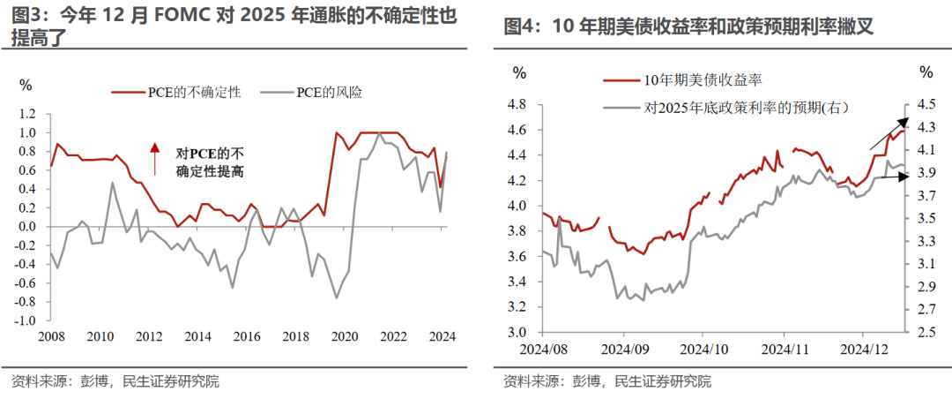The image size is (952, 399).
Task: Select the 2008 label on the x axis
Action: point(51,336)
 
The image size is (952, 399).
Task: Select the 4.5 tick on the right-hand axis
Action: point(926,105)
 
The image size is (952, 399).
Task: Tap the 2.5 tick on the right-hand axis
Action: point(926,332)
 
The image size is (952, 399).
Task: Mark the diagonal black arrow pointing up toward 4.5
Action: point(889,133)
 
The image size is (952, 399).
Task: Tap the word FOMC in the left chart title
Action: point(183,17)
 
